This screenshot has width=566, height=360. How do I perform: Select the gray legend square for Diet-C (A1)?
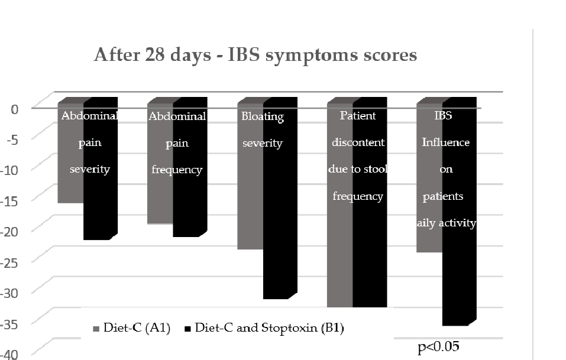[x=96, y=328]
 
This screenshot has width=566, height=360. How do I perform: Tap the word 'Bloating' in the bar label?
[x=263, y=116]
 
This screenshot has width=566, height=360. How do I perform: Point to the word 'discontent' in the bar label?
[x=358, y=142]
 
